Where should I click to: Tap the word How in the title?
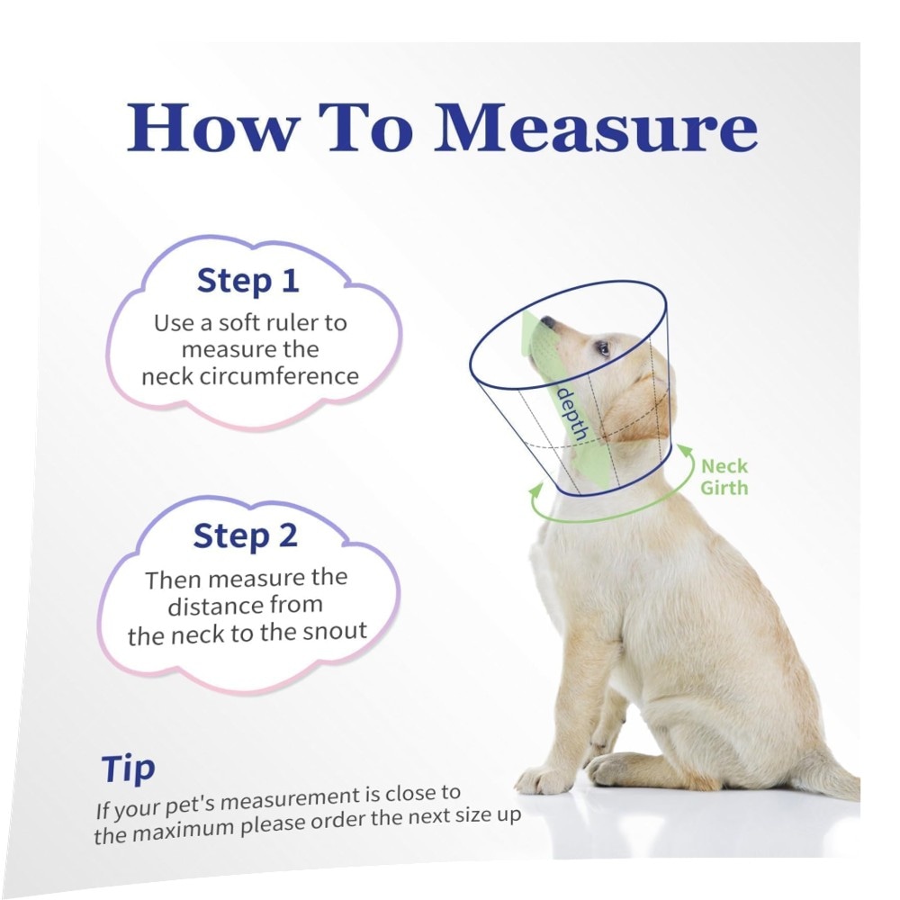[212, 127]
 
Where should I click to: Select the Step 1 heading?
[248, 281]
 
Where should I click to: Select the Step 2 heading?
[245, 535]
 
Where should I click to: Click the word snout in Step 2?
[335, 632]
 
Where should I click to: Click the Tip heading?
[128, 769]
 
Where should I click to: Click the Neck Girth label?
[724, 477]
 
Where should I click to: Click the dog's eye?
[602, 347]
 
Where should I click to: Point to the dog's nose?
[548, 321]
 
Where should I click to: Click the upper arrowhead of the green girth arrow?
[685, 451]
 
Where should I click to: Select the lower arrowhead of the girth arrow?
[536, 490]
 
